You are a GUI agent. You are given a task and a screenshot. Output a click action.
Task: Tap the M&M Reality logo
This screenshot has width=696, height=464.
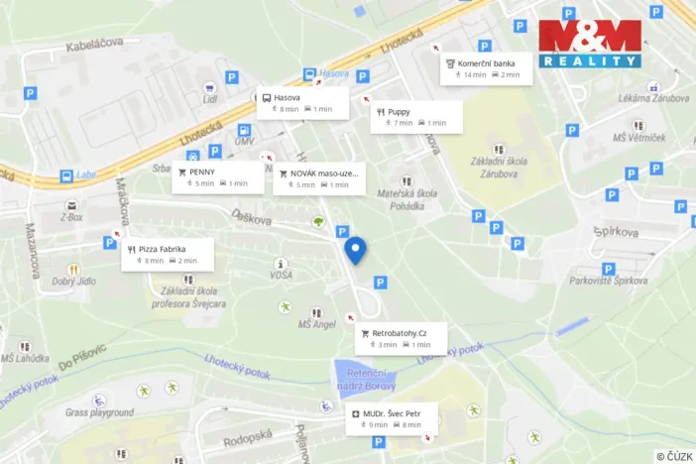click(x=590, y=44)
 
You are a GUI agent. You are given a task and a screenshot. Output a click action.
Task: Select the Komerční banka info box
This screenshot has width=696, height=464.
click(x=487, y=67)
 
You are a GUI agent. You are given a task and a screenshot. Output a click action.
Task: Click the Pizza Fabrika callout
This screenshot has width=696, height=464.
click(x=167, y=254)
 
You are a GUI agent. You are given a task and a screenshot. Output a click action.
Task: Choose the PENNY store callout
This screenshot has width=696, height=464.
click(x=218, y=176)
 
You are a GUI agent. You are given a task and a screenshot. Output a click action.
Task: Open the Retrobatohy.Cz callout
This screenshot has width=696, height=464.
click(x=401, y=338)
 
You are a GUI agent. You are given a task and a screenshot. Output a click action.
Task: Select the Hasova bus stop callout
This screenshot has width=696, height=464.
click(x=303, y=102)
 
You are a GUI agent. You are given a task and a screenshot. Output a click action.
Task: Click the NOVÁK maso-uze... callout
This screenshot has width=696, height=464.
click(x=318, y=177)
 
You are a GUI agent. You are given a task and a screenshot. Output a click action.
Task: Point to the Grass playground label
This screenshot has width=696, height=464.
click(x=99, y=411)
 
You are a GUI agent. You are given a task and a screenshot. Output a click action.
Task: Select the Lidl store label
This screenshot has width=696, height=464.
click(x=209, y=98)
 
